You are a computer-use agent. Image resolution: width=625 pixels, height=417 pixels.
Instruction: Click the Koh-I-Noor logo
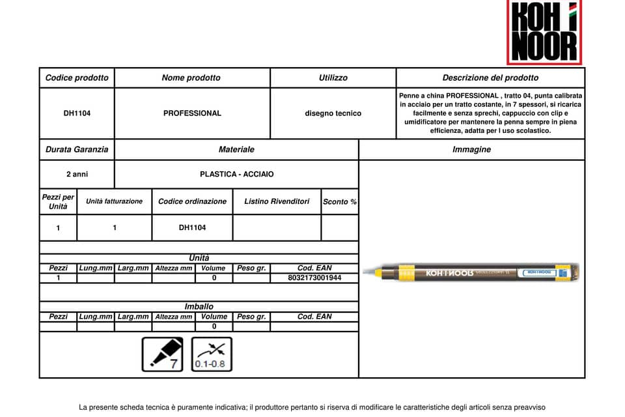[x=544, y=33]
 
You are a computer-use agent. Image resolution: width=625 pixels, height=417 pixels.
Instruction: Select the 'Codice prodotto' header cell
[x=77, y=78]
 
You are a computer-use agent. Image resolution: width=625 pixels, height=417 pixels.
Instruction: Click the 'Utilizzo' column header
[x=333, y=78]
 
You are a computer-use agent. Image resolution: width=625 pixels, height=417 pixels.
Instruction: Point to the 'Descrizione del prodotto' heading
[x=490, y=78]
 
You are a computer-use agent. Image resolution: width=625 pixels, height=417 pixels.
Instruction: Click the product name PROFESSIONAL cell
[x=192, y=113]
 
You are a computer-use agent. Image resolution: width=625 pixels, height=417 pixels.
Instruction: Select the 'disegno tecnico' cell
[x=333, y=113]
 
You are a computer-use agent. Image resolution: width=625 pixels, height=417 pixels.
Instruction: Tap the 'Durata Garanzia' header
[x=77, y=149]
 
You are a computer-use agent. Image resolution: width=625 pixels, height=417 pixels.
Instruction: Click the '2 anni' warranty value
[x=77, y=175]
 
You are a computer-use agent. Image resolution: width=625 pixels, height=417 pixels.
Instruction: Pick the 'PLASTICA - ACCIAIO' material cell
[x=236, y=175]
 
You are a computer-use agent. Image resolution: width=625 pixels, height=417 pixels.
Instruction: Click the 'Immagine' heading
[x=471, y=149]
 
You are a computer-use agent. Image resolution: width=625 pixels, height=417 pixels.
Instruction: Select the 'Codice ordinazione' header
[x=192, y=201]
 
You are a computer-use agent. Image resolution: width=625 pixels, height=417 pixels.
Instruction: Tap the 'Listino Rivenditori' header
[x=277, y=201]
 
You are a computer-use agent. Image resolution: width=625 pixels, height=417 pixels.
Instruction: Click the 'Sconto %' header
[x=340, y=202]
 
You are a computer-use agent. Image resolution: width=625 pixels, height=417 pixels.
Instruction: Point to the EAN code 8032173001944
[x=314, y=278]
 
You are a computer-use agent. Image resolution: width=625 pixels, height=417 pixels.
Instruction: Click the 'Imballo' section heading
[x=199, y=306]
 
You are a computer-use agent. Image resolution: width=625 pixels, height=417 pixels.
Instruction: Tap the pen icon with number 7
[x=163, y=354]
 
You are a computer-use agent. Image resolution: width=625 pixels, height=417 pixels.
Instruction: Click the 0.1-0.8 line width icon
[x=212, y=354]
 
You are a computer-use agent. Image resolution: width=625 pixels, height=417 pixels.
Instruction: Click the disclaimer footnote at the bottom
[x=312, y=407]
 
